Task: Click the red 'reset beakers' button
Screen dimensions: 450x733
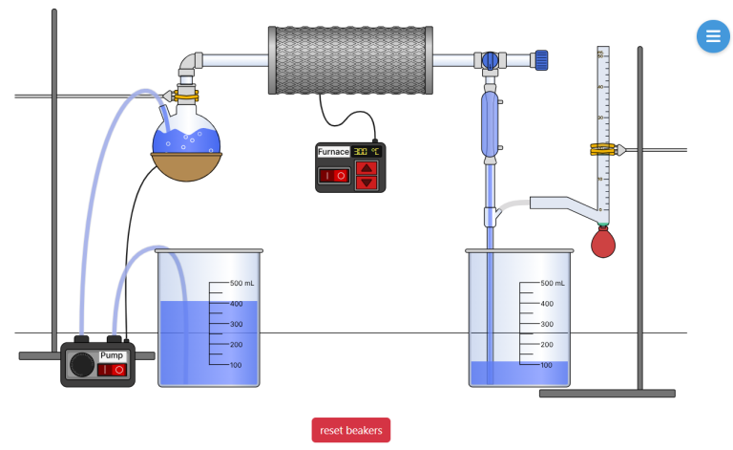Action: coord(350,430)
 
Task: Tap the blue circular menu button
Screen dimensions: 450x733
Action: coord(712,36)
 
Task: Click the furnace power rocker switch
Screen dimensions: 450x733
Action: coord(333,176)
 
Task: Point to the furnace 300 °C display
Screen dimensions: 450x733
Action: coord(366,152)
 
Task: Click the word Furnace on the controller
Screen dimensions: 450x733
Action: coord(333,152)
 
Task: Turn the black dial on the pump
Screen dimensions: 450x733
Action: coord(82,365)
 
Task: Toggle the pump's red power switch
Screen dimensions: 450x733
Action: coord(113,369)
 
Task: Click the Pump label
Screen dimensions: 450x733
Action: coord(112,355)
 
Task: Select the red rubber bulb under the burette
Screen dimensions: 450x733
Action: coord(602,242)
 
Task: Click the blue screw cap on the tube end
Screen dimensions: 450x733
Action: coord(541,60)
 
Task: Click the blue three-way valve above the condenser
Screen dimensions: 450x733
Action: coord(490,60)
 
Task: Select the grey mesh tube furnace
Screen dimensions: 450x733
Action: coord(348,59)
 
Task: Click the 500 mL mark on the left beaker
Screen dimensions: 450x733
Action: coord(242,284)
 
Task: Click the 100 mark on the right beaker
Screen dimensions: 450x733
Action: coord(546,365)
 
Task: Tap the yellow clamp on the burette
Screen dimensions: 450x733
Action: coord(602,149)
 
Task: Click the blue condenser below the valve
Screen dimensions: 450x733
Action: coord(490,124)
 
